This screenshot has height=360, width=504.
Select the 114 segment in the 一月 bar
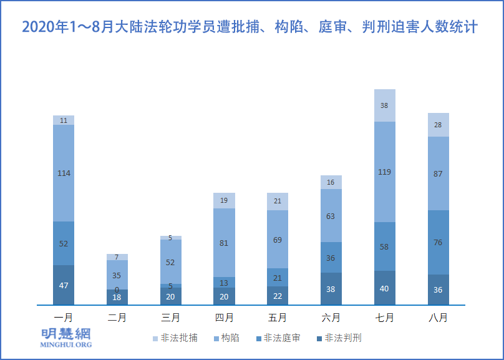pyautogui.click(x=64, y=173)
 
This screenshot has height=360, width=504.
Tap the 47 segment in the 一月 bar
pyautogui.click(x=64, y=285)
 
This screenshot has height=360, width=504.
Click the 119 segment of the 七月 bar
pyautogui.click(x=385, y=172)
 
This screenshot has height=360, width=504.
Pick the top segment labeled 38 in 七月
pyautogui.click(x=385, y=105)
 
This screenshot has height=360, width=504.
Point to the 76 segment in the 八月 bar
pyautogui.click(x=438, y=242)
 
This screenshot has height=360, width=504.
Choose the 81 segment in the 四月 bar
pyautogui.click(x=225, y=243)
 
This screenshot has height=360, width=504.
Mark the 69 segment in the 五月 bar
pyautogui.click(x=278, y=239)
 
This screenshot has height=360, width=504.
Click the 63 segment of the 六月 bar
pyautogui.click(x=331, y=216)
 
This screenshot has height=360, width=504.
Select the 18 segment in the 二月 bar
pyautogui.click(x=117, y=298)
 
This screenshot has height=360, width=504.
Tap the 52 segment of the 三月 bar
pyautogui.click(x=170, y=262)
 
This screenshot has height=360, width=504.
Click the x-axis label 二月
pyautogui.click(x=117, y=318)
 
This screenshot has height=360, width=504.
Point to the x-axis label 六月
pyautogui.click(x=331, y=318)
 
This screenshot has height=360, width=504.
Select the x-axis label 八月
pyautogui.click(x=438, y=318)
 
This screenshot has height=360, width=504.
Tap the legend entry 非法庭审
pyautogui.click(x=281, y=338)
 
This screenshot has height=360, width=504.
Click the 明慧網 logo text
pyautogui.click(x=66, y=333)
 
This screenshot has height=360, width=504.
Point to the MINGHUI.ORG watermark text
pyautogui.click(x=66, y=344)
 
